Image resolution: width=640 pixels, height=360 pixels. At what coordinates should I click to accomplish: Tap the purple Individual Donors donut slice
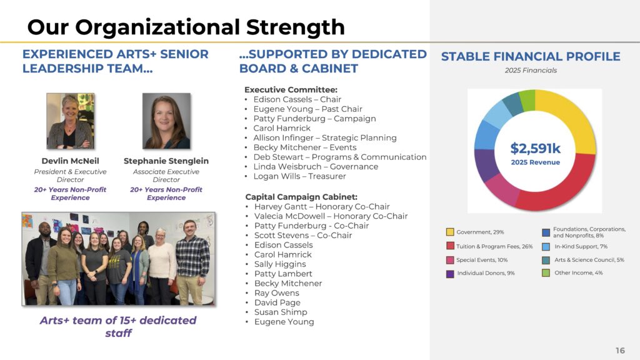(x=484, y=165)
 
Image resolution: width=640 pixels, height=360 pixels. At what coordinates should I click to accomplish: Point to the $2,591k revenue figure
(x=536, y=148)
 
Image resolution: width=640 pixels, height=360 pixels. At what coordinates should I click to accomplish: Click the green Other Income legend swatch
(x=546, y=272)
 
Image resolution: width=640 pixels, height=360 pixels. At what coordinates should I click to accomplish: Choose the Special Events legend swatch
(x=450, y=260)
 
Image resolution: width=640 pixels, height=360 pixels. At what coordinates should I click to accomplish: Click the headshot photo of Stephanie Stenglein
(x=166, y=121)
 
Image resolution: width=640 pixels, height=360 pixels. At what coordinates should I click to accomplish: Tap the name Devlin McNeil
(x=70, y=161)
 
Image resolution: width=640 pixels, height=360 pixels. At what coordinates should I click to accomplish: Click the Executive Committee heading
(x=291, y=90)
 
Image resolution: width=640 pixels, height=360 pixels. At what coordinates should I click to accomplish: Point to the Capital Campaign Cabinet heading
(x=301, y=197)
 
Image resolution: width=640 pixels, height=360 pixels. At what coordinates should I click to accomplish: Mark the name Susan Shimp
(x=281, y=312)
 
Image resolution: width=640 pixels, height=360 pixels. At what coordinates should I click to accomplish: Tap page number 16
(x=620, y=350)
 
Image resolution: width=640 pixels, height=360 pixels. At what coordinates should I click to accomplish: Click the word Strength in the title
(x=296, y=27)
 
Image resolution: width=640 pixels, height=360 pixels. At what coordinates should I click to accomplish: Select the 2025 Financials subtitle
(x=531, y=70)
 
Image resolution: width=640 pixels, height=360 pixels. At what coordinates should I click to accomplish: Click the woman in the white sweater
(x=161, y=267)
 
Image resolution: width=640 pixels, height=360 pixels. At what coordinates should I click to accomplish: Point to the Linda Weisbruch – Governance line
(x=316, y=166)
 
